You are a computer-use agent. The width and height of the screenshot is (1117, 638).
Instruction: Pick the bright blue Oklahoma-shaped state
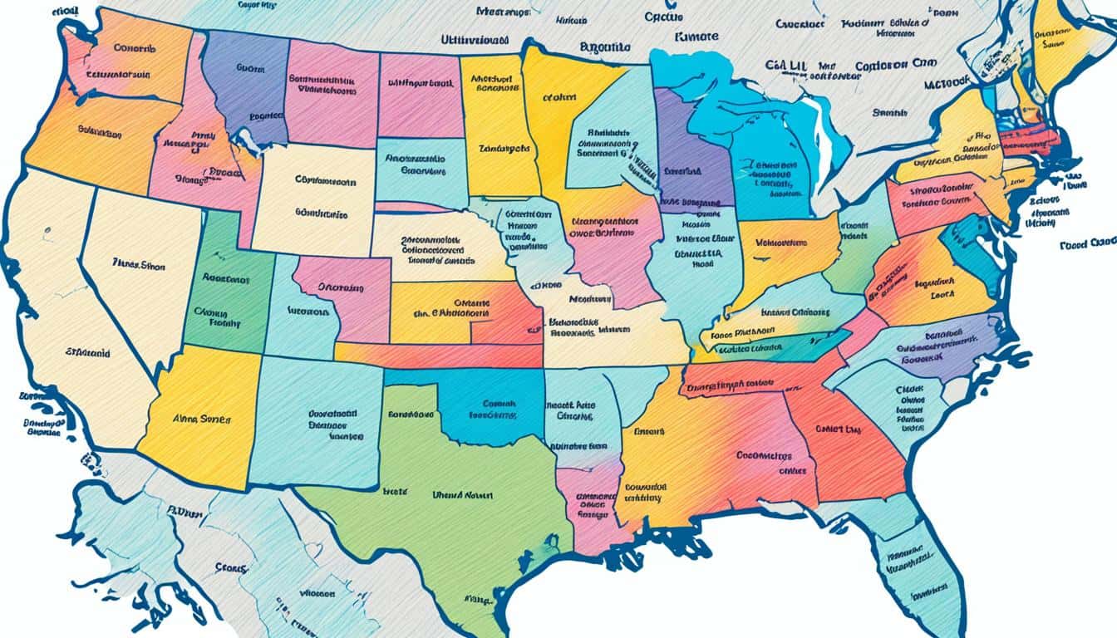[x=490, y=407]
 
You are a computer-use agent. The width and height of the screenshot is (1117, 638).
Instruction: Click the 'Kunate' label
[x=696, y=38]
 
